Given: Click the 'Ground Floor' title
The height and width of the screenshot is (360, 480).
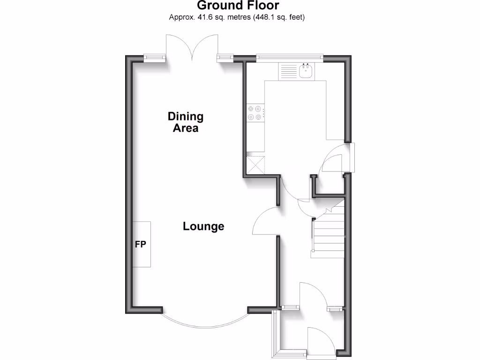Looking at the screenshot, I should tap(238, 6).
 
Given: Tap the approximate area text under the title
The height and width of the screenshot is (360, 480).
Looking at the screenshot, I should tap(237, 17).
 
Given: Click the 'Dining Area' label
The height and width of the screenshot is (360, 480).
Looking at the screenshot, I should tap(186, 122).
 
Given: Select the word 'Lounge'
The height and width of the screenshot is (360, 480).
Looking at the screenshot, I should tap(203, 226).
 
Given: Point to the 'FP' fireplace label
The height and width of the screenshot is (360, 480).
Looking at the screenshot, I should tap(141, 244).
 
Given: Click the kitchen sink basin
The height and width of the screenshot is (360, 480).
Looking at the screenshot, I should tap(306, 71).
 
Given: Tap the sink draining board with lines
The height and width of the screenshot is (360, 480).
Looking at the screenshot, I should tap(288, 71).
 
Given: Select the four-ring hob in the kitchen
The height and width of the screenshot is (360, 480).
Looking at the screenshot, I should tap(255, 114).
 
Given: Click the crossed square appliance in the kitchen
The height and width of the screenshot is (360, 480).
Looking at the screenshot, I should tap(255, 165).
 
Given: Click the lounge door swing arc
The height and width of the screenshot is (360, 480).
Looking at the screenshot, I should tap(265, 221).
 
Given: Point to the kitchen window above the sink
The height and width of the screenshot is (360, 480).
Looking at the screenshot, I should tap(289, 58).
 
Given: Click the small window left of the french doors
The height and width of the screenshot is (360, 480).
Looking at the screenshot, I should tap(155, 58).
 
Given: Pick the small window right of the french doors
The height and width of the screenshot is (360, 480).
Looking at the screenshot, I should tap(225, 58).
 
